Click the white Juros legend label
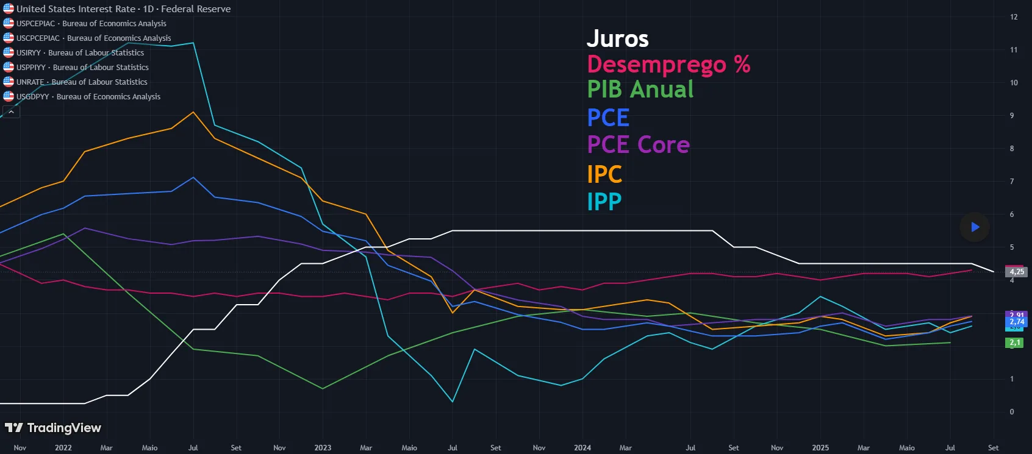coord(617,39)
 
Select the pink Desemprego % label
coord(668,65)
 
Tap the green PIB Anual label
coord(640,90)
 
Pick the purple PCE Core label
coord(638,145)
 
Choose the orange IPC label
coord(604,174)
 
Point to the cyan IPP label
coord(604,202)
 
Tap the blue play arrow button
coord(975,227)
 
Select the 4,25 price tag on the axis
coord(1017,272)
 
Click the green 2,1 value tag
coord(1014,343)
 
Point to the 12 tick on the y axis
coord(1014,17)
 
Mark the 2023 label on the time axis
coord(323,448)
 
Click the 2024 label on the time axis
coord(582,448)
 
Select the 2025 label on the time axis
coord(820,448)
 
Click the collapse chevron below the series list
coord(11,112)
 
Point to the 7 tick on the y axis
coord(1012,182)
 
